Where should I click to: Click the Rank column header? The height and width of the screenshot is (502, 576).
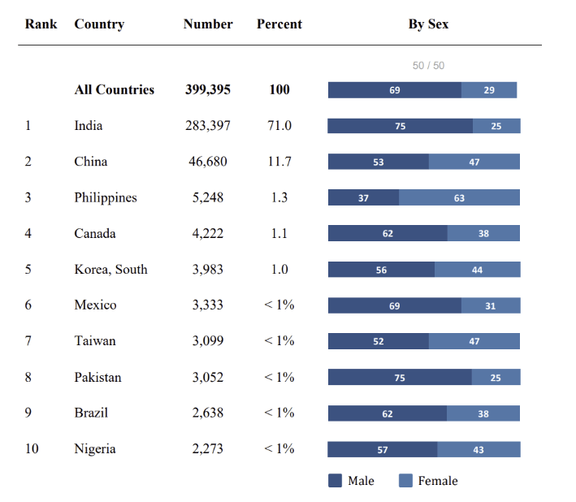click(41, 24)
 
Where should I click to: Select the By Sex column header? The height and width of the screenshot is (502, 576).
click(428, 24)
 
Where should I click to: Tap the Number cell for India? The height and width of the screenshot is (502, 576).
click(208, 126)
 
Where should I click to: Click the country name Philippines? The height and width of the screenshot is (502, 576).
click(106, 197)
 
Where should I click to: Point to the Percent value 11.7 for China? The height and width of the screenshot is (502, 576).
click(279, 162)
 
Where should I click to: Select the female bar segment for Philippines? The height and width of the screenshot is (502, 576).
click(459, 197)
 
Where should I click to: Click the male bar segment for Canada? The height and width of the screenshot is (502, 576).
click(388, 233)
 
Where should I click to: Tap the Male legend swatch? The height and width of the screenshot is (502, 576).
click(335, 481)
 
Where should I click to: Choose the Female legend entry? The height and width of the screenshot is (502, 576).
click(429, 481)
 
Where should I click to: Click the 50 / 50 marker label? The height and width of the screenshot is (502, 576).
click(428, 66)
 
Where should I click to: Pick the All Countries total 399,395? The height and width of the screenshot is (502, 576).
click(208, 90)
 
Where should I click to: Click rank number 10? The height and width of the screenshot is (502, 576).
click(32, 448)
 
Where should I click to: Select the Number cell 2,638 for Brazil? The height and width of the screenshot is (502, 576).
click(208, 413)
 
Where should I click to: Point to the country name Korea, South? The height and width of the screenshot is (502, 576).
click(110, 269)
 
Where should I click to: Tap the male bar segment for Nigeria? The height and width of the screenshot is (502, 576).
click(383, 449)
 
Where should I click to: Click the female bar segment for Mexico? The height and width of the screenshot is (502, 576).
click(491, 305)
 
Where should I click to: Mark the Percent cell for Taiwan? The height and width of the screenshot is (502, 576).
click(279, 341)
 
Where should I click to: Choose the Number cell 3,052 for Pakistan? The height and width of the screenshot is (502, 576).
click(208, 377)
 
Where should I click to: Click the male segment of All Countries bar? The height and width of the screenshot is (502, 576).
click(395, 90)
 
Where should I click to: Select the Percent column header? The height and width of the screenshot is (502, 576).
click(279, 24)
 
